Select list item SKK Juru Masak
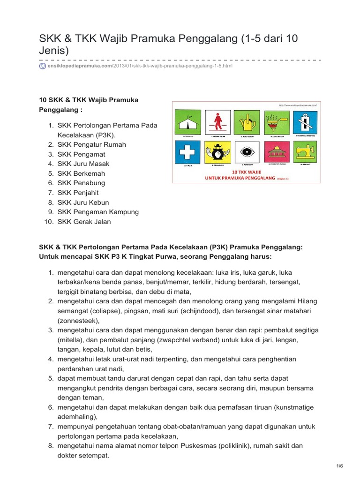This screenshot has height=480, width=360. click(83, 164)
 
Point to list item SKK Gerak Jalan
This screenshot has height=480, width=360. click(84, 222)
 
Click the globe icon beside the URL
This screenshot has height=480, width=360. click(42, 66)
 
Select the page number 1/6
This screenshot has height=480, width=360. click(340, 466)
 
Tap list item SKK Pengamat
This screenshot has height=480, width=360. click(81, 154)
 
